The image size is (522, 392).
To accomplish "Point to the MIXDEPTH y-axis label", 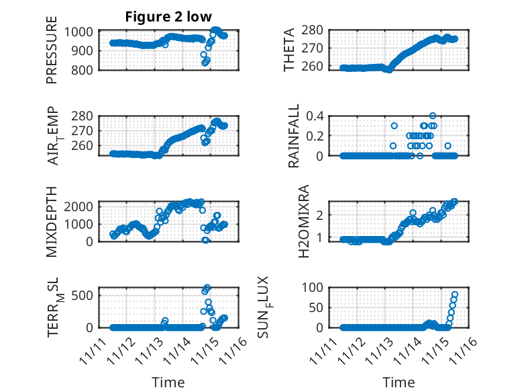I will coord(52,221).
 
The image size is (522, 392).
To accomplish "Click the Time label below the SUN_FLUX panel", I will coord(399,382).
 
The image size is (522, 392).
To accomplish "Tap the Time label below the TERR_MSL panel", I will coord(168,382).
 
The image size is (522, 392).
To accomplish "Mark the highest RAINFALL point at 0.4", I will coord(433,116).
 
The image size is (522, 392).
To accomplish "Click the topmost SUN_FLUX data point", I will coord(455,295).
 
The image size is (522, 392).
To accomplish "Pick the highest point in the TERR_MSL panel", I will coord(207,287).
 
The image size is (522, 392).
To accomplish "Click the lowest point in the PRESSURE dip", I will coord(205,63).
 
